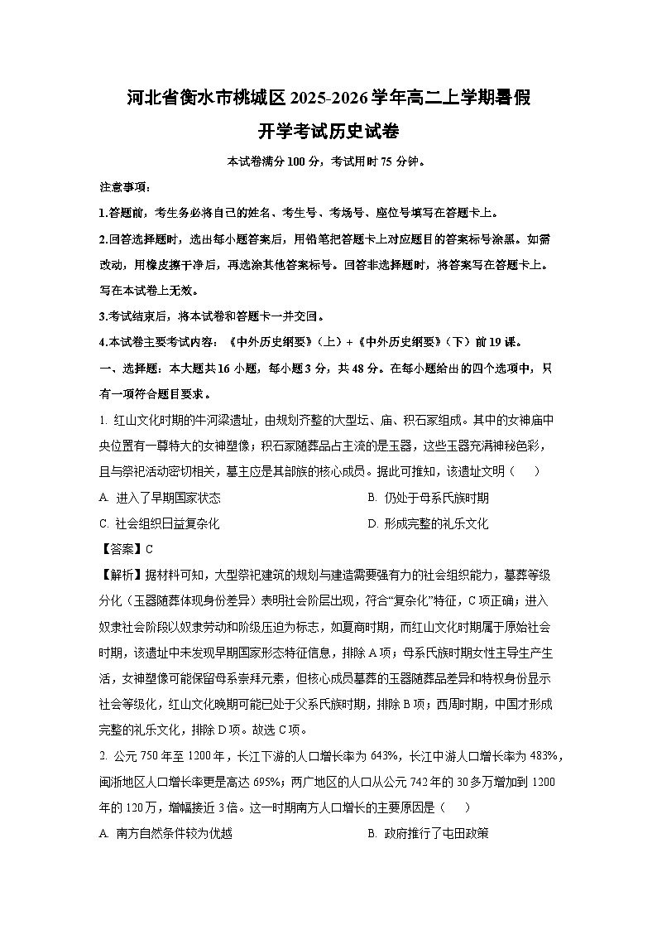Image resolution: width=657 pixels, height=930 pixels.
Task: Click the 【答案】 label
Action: [120, 549]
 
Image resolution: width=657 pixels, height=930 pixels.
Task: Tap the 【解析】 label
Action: [120, 575]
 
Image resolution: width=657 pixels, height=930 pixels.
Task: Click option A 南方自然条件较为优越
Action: [165, 832]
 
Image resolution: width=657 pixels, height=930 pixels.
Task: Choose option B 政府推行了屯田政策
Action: [429, 832]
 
